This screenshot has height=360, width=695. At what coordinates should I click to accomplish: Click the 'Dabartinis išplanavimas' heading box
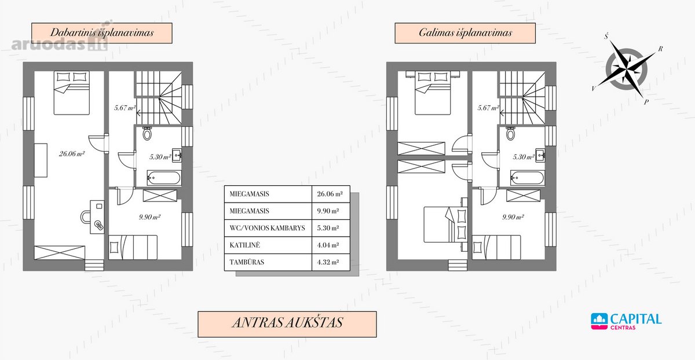pos(102,33)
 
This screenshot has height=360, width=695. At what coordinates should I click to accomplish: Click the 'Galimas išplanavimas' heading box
pos(465,33)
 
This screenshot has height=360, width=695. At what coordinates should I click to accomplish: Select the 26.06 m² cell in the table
pos(331,194)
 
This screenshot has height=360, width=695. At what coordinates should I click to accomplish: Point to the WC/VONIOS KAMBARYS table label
pos(268,228)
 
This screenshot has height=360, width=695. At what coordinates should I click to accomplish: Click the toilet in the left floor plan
pos(147,133)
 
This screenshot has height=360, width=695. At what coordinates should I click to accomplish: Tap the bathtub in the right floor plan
pos(527,178)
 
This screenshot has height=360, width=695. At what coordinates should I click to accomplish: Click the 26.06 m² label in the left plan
pos(72,154)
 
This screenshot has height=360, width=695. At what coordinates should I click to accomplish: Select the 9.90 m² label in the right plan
pos(513,217)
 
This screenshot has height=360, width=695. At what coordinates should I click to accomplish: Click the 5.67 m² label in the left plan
pos(125,108)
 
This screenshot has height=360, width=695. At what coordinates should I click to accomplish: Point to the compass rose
pos(627,69)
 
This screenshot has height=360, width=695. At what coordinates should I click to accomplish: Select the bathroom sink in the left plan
pos(177,156)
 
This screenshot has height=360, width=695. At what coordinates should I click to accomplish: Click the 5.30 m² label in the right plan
pos(524,157)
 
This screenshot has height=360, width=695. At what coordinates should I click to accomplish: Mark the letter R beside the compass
pos(661,49)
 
